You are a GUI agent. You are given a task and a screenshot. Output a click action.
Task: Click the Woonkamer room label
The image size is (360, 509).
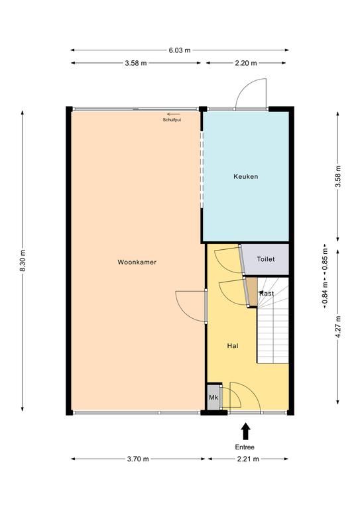pos(137,262)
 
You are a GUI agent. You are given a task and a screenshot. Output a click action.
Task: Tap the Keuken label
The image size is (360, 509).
pos(246,176)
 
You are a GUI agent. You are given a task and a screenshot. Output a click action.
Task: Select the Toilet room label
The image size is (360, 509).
pos(266,259)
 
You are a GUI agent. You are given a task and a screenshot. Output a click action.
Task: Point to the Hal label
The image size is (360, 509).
pos(233,346)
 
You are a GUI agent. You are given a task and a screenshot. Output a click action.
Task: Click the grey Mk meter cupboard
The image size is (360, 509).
pos(213,398)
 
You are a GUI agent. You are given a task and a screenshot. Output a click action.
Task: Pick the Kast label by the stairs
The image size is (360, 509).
pos(267,294)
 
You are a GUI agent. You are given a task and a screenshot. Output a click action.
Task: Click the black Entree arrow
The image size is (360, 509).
pos(246,431)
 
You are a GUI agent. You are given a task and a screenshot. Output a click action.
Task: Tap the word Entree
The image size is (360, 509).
pos(245,447)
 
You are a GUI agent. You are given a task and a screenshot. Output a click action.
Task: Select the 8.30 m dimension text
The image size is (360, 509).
pos(23,261)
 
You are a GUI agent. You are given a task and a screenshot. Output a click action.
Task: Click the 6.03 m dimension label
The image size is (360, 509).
pos(180,50)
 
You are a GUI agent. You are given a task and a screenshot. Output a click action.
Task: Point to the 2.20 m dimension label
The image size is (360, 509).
pos(246,63)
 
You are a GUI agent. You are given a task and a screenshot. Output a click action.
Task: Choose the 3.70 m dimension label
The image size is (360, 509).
pos(138,459)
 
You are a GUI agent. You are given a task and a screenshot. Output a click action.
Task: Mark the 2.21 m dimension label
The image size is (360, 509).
pos(248,459)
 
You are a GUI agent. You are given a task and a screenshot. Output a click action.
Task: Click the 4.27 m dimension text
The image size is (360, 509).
pos(338,327)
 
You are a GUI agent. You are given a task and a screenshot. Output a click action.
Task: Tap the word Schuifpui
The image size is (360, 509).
pos(172,120)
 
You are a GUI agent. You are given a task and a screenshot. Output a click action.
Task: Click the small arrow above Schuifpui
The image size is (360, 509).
pos(174,114)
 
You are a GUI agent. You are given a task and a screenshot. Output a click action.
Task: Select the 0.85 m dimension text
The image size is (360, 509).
pos(325,258)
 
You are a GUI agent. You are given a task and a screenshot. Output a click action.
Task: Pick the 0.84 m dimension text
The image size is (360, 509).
pos(325,294)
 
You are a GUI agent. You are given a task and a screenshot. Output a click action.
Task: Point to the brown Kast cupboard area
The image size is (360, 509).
pos(252,292)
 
